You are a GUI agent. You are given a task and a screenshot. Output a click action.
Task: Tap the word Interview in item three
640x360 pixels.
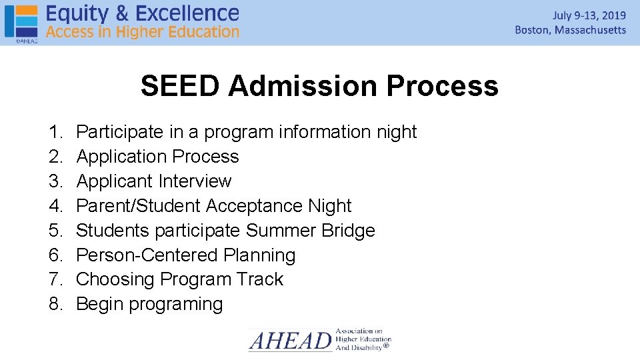point(195,181)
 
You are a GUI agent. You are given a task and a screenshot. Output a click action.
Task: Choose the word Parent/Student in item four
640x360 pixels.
point(138,206)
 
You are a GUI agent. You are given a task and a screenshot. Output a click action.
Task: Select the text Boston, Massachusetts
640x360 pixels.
point(571,30)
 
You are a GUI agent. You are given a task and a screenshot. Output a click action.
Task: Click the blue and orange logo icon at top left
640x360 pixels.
point(21,21)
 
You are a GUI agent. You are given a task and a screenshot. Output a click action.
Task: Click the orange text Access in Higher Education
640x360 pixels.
point(143,31)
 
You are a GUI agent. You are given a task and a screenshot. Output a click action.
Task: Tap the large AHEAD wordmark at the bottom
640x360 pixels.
point(290,341)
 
